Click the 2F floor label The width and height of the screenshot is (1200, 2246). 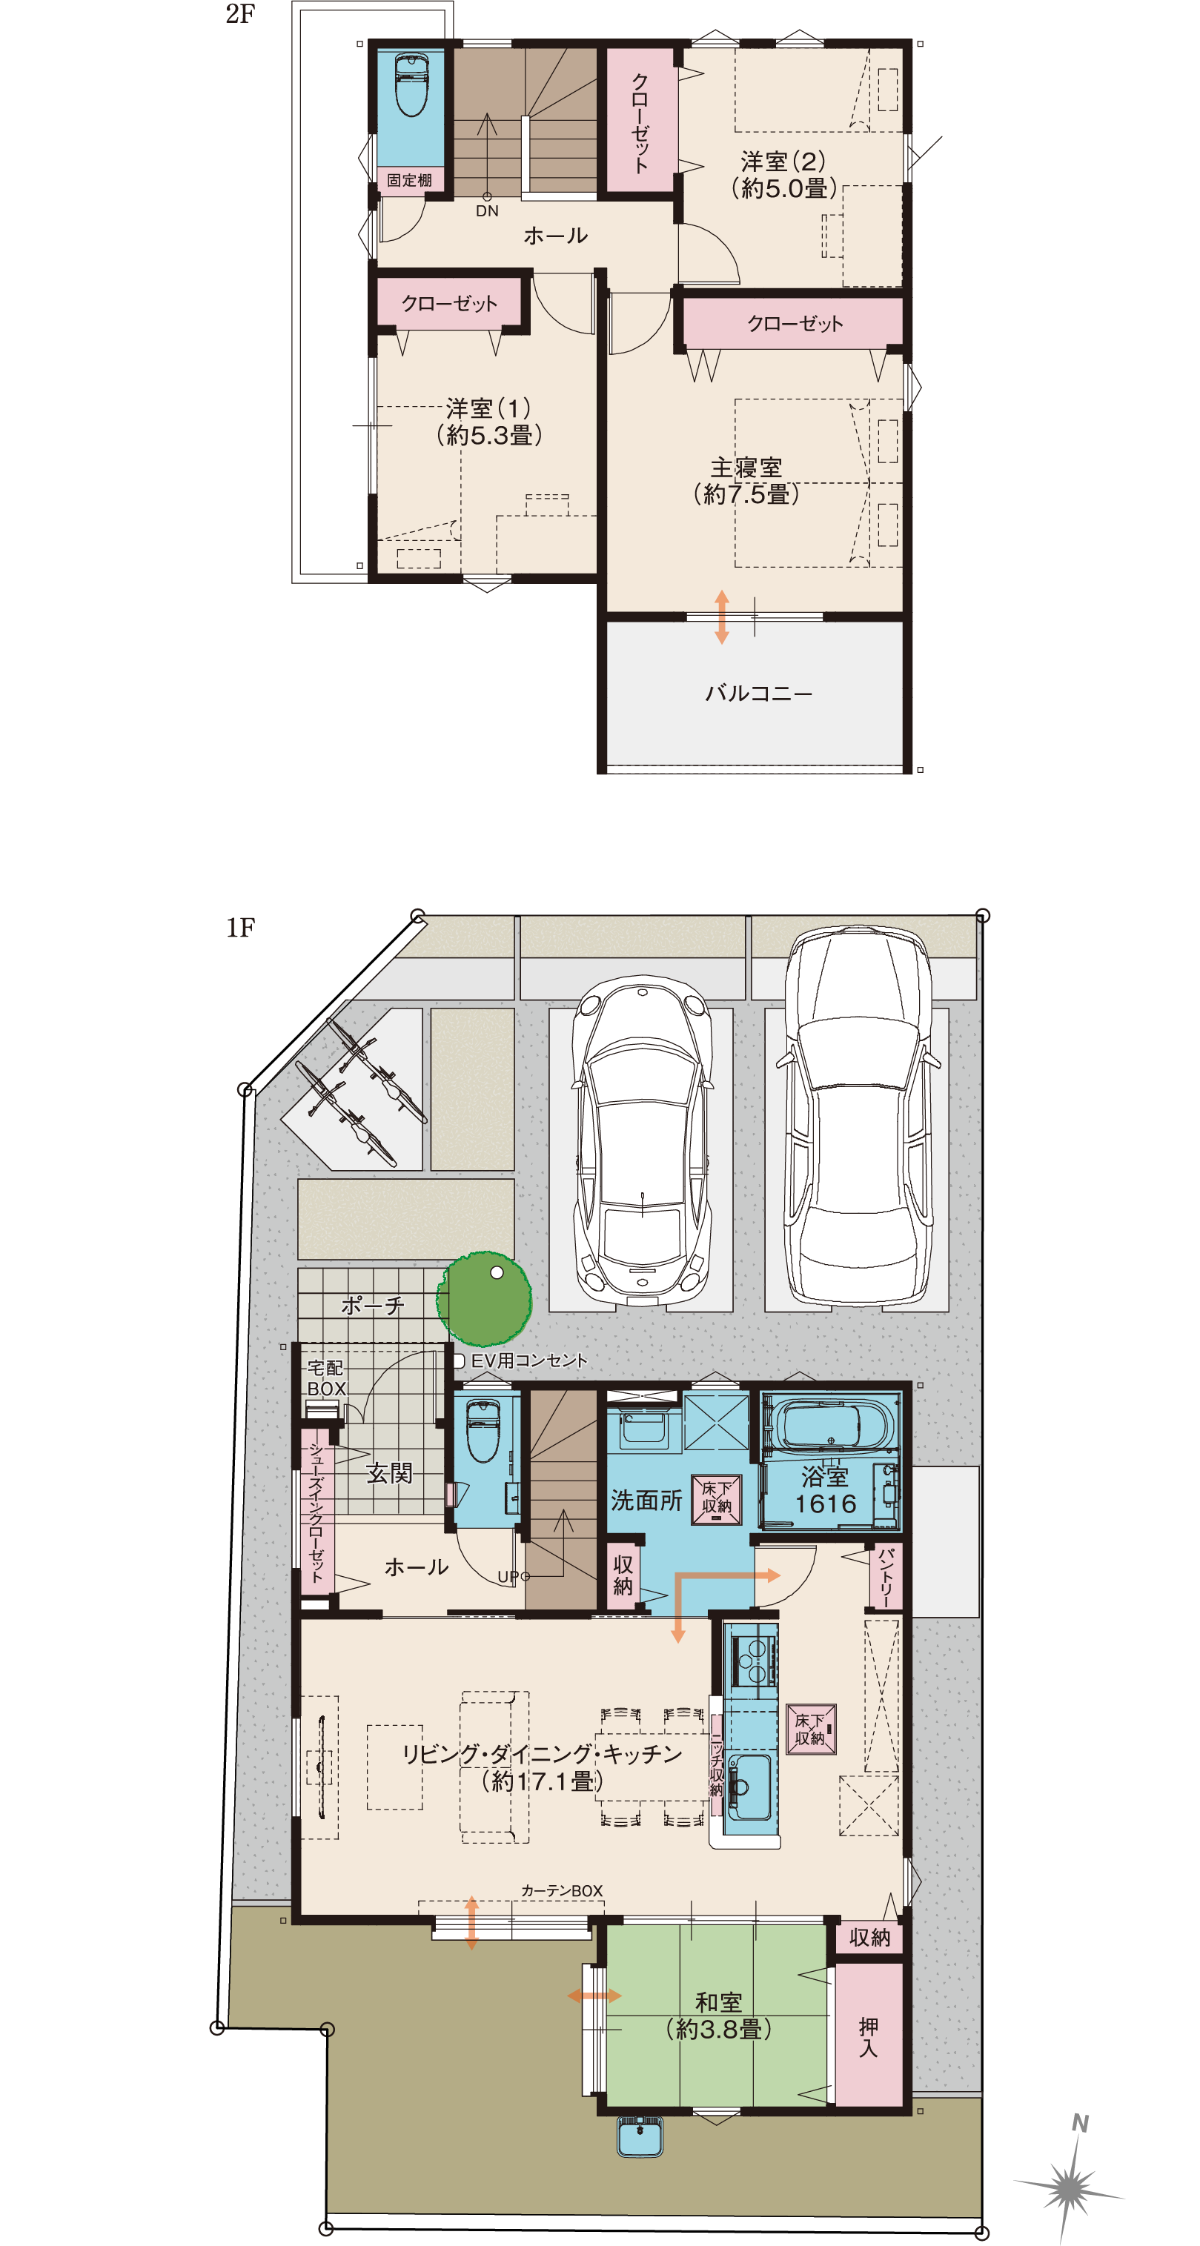tap(240, 14)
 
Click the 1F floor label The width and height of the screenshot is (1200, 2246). tap(240, 928)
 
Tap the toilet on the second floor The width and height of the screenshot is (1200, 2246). tap(410, 85)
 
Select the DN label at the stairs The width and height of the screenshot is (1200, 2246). tap(487, 211)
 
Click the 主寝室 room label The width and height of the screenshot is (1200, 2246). tap(746, 468)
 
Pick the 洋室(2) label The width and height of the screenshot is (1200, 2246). tap(783, 162)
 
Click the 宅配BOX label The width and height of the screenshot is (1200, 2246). tap(326, 1378)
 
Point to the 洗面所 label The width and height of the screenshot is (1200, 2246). tap(646, 1500)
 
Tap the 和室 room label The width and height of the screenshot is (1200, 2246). tap(719, 2002)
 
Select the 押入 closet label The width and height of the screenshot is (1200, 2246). tap(869, 2037)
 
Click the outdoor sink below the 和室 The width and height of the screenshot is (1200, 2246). tap(640, 2136)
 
